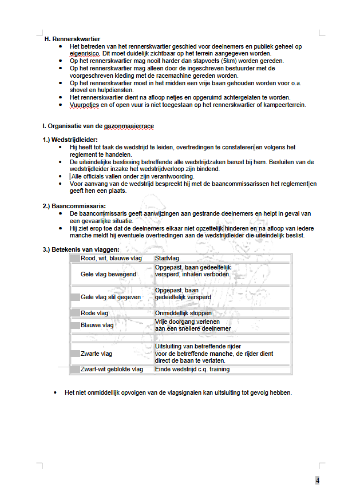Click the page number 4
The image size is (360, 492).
click(317, 480)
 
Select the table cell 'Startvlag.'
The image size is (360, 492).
click(168, 259)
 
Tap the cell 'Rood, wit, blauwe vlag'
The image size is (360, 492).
click(111, 259)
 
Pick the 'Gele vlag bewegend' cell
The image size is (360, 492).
click(108, 274)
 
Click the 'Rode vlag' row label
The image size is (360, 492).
click(94, 314)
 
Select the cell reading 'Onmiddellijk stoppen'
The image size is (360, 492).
click(183, 314)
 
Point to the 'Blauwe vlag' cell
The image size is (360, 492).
click(97, 325)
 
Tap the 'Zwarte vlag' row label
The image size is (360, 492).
click(96, 354)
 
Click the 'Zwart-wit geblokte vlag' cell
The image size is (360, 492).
click(112, 370)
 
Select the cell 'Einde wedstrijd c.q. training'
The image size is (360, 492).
click(192, 370)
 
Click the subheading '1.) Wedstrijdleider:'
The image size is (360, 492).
click(70, 140)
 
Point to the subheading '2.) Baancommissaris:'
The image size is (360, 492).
click(74, 205)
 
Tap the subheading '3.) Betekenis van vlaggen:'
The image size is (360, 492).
click(81, 249)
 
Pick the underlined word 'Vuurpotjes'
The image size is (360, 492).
click(84, 105)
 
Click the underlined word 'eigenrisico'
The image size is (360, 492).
click(85, 53)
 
